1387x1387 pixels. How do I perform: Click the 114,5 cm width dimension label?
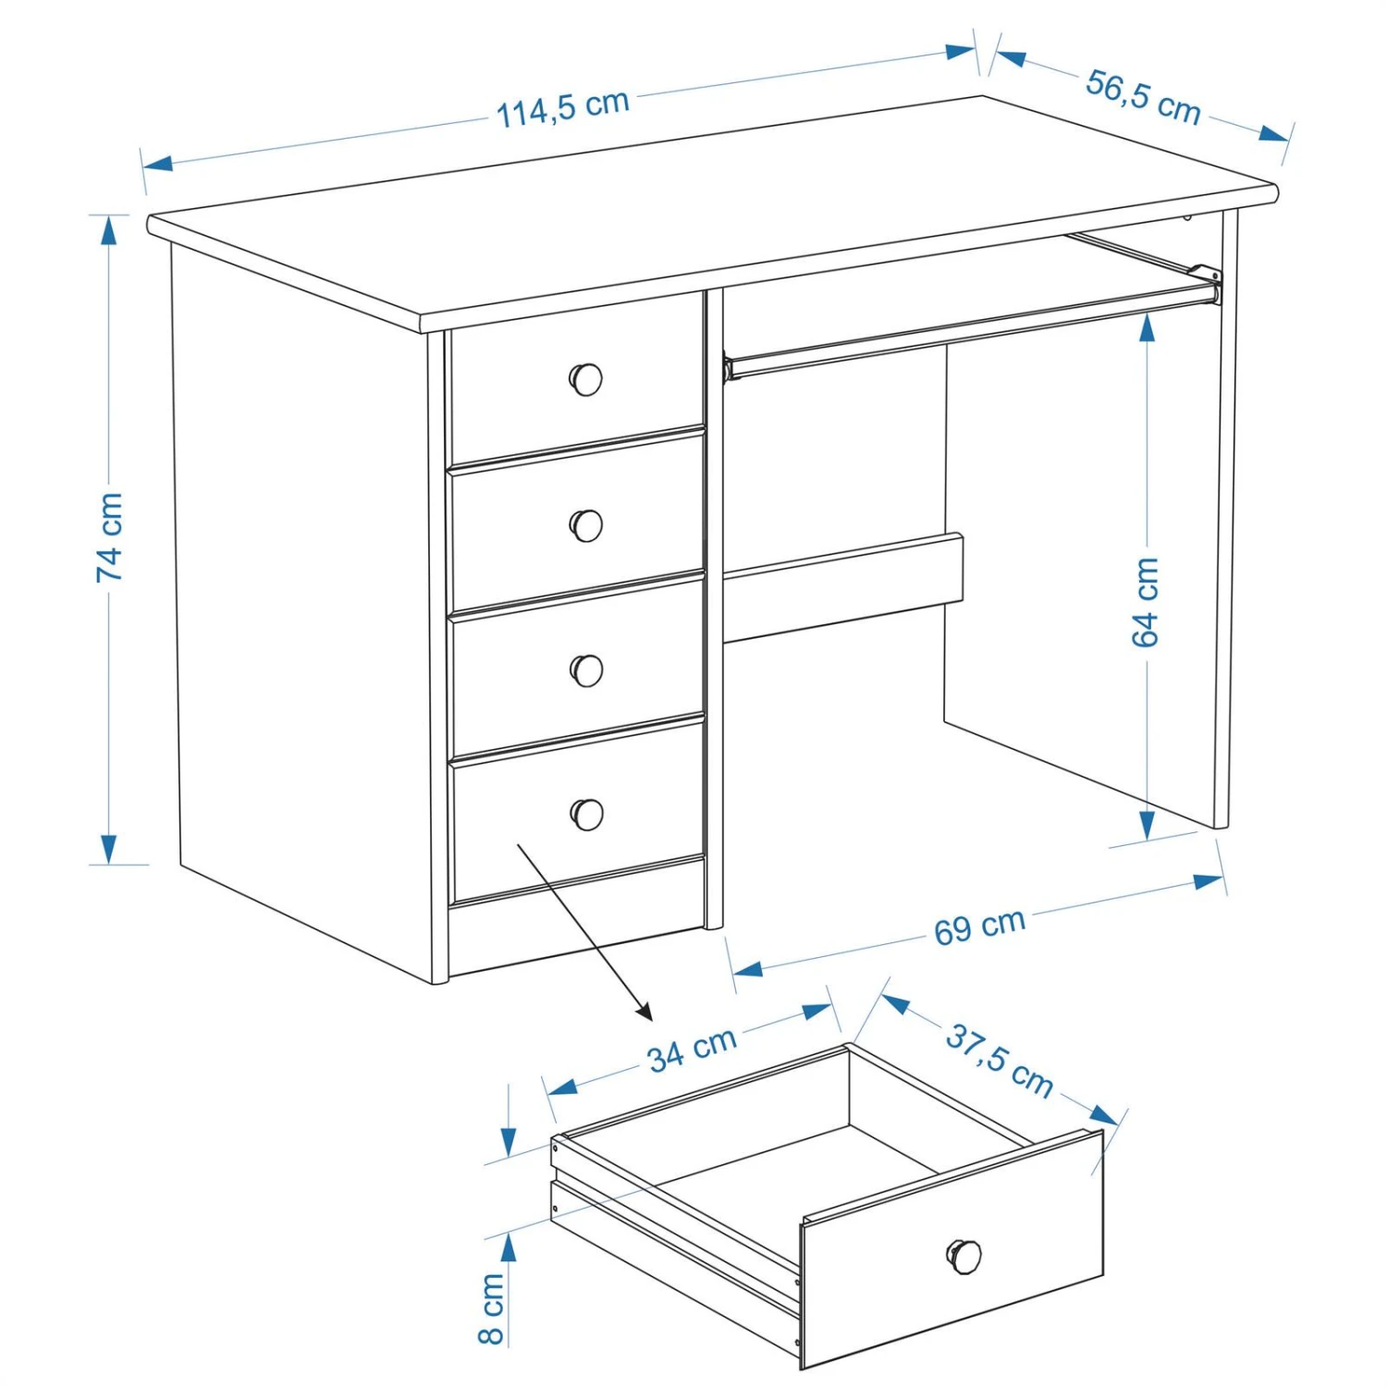(x=563, y=108)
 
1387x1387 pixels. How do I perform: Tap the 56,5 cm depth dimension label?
(x=1143, y=96)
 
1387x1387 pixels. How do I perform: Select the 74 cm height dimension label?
(x=109, y=537)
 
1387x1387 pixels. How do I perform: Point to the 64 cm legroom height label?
(x=1145, y=602)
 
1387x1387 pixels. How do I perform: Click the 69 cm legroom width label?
(x=979, y=927)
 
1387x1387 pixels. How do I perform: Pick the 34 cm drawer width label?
(x=692, y=1049)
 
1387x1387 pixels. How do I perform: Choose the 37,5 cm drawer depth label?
(x=1000, y=1061)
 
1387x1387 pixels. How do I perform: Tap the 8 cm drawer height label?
(x=491, y=1307)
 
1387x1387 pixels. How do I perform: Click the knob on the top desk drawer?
(x=585, y=379)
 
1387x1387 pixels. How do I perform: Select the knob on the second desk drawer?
(x=585, y=524)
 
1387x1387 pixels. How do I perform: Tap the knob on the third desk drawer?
(x=586, y=669)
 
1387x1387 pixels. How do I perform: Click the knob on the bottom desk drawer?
(x=587, y=814)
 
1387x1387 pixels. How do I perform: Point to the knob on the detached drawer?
(x=964, y=1256)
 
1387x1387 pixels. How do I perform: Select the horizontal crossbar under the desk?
(x=842, y=587)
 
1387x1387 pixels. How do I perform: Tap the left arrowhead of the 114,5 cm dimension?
(x=158, y=164)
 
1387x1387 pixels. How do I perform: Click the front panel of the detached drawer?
(x=952, y=1248)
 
